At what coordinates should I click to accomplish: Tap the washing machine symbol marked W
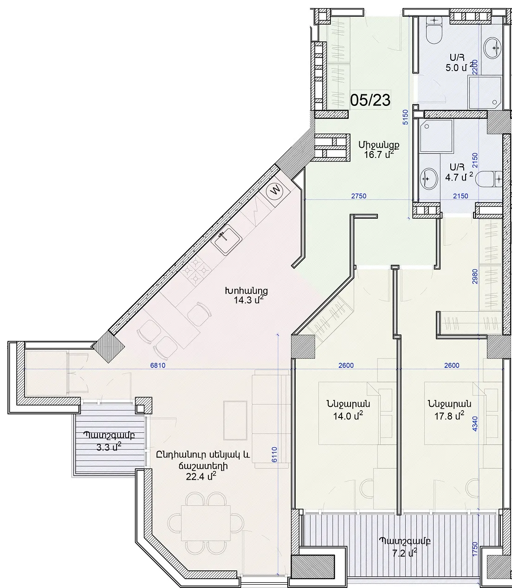(x=276, y=190)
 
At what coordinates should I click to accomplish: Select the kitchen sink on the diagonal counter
(x=227, y=239)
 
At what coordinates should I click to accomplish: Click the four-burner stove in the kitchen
(x=195, y=270)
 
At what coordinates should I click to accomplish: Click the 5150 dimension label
(x=405, y=117)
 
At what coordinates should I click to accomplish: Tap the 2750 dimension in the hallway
(x=359, y=196)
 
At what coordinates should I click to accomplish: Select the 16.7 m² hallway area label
(x=379, y=155)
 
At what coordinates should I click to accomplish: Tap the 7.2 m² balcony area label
(x=405, y=553)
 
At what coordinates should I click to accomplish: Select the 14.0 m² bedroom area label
(x=348, y=416)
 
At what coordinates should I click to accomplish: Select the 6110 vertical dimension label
(x=274, y=455)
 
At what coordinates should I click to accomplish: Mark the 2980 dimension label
(x=475, y=276)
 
